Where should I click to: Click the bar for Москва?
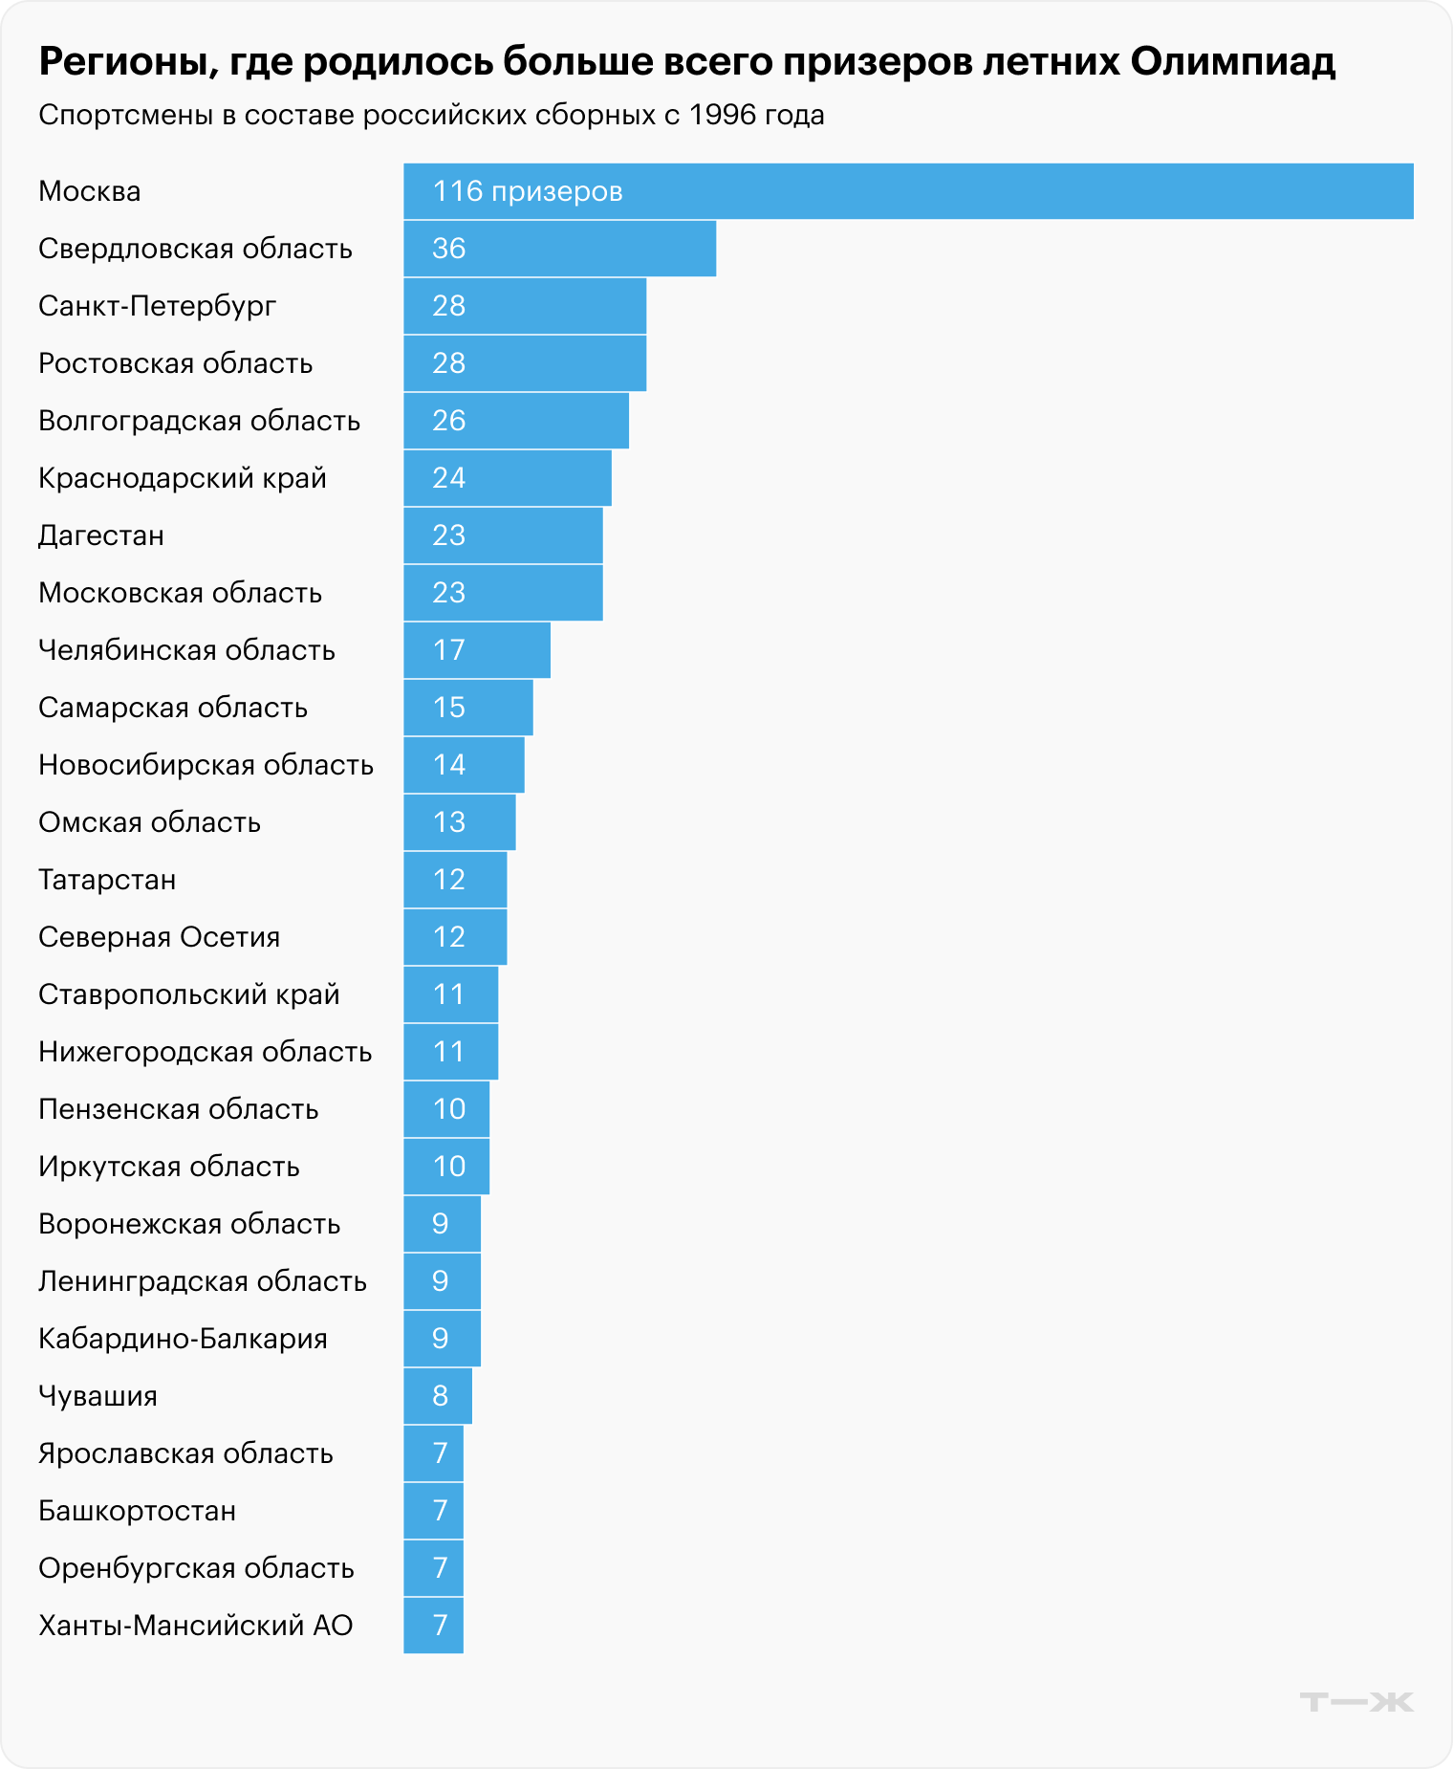coord(908,191)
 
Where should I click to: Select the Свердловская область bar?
coord(559,249)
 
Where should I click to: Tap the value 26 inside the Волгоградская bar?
coord(448,421)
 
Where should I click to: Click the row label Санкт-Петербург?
coord(157,306)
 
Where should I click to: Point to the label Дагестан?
coord(100,535)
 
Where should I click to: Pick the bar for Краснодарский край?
coord(507,478)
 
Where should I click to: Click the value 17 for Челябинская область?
coord(448,650)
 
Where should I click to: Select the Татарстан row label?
coord(107,880)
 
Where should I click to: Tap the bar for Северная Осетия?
coord(455,937)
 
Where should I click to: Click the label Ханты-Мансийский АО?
coord(195,1626)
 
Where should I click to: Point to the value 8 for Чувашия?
coord(440,1396)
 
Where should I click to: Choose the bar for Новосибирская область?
coord(464,765)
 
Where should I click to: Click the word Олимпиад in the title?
coord(1232,61)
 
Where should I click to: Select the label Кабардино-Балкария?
coord(183,1339)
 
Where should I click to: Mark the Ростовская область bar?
coord(525,363)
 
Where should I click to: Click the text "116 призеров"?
coord(528,191)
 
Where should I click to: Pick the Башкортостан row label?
coord(137,1511)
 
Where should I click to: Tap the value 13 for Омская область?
coord(448,822)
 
